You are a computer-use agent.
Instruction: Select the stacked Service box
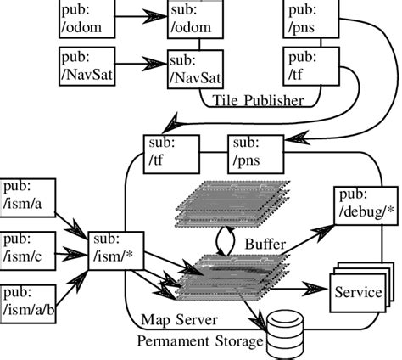point(357,293)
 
